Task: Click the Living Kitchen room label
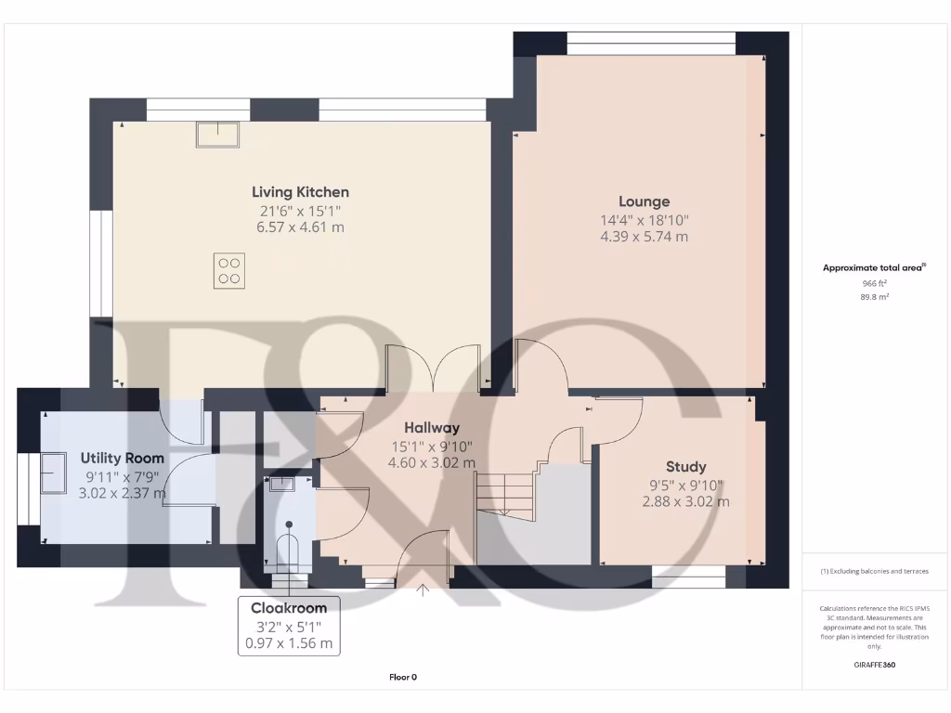300,192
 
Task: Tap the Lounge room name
644,201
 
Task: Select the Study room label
685,467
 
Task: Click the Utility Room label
122,458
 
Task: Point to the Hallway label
432,428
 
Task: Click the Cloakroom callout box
288,626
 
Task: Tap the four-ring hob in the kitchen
228,270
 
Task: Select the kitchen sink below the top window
216,135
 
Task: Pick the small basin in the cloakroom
281,484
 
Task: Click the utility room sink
52,473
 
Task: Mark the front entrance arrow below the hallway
424,590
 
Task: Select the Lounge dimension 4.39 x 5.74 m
644,237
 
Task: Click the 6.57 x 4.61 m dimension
300,227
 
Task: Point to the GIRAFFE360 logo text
873,665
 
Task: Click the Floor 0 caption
403,677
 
